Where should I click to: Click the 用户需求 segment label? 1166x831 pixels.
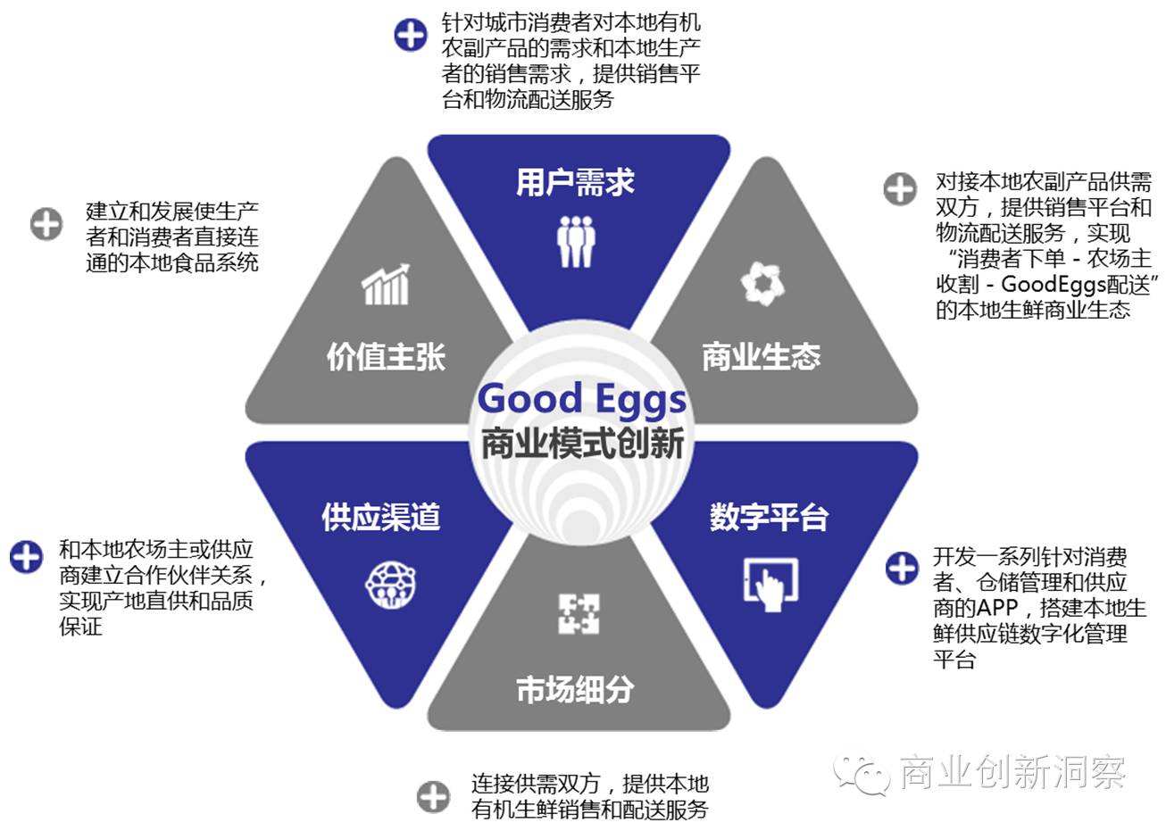coord(575,183)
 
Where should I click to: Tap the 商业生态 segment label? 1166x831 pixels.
coord(761,357)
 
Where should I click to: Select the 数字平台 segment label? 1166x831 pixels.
coord(770,517)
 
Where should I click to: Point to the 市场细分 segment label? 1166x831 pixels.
coord(576,689)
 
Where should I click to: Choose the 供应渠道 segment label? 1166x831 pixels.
coord(381,517)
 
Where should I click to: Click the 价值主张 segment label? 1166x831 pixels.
coord(386,357)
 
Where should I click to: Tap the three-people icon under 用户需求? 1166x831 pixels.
coord(576,240)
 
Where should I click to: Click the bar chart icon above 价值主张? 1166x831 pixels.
coord(386,285)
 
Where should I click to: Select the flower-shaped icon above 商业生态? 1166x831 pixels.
coord(762,284)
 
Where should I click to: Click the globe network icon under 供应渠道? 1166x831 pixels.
coord(390,584)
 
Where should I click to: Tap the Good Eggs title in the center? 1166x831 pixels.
coord(582,399)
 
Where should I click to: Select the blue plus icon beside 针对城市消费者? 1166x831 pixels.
coord(411,35)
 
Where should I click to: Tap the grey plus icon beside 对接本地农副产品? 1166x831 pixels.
coord(900,189)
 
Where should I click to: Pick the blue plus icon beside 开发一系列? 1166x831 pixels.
coord(902,568)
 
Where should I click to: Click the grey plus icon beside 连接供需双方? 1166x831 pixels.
coord(434,795)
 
